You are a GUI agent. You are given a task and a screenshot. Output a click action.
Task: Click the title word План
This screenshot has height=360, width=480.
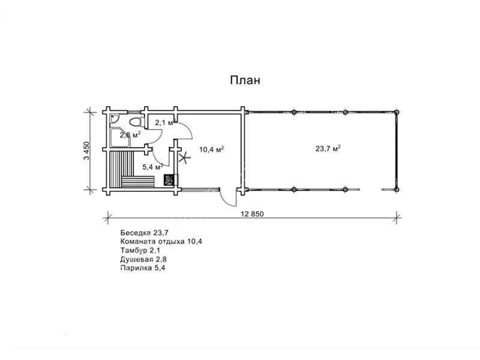coord(245,80)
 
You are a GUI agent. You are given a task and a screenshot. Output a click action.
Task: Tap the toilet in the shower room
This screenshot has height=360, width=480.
coord(136,122)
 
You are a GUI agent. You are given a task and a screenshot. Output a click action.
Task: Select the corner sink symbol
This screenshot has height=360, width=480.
coord(115,118)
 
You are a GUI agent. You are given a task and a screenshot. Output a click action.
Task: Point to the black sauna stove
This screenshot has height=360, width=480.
coord(169,179)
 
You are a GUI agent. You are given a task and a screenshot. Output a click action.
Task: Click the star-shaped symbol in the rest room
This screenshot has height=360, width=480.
coord(184,158)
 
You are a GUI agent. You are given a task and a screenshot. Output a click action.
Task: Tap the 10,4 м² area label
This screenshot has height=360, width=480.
coord(212,149)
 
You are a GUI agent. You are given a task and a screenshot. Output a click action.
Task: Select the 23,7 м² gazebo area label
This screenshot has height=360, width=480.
coord(328,149)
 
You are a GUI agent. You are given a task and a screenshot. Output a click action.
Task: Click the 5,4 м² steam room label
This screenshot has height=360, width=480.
coord(153,167)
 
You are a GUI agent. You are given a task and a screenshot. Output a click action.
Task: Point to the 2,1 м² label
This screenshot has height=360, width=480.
coord(164,123)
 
